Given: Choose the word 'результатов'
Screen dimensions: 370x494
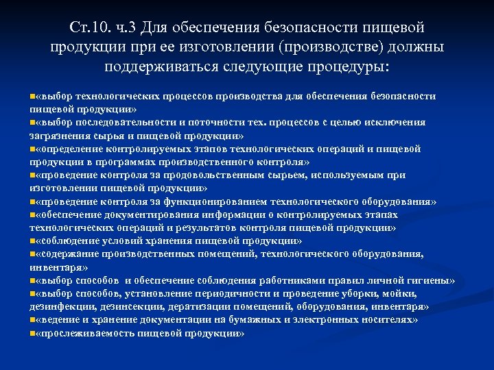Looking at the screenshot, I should (x=193, y=227).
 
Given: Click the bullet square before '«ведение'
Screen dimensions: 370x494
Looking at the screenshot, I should (x=32, y=319).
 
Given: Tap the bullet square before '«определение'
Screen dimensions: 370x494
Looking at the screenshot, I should (x=32, y=149).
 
